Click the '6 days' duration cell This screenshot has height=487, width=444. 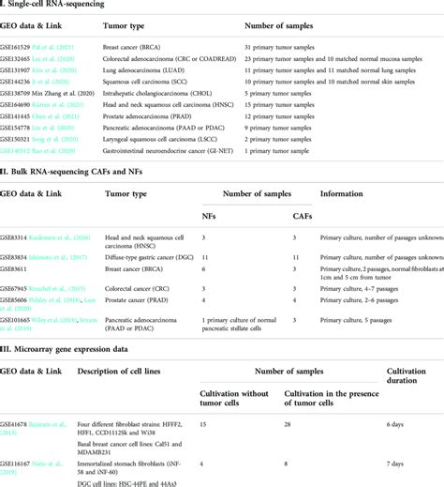(393, 424)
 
